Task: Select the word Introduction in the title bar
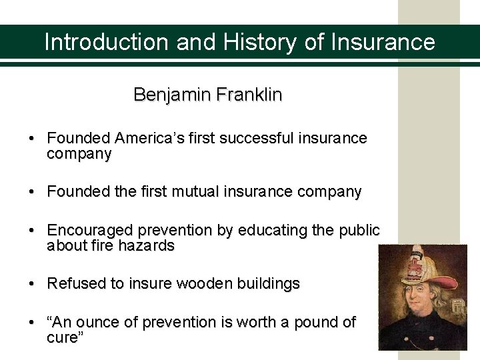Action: click(107, 42)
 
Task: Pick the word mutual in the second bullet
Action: click(188, 192)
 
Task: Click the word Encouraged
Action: click(90, 230)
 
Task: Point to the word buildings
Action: click(267, 283)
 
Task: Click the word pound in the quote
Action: click(311, 322)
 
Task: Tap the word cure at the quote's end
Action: click(63, 337)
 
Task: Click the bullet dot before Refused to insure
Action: click(32, 283)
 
